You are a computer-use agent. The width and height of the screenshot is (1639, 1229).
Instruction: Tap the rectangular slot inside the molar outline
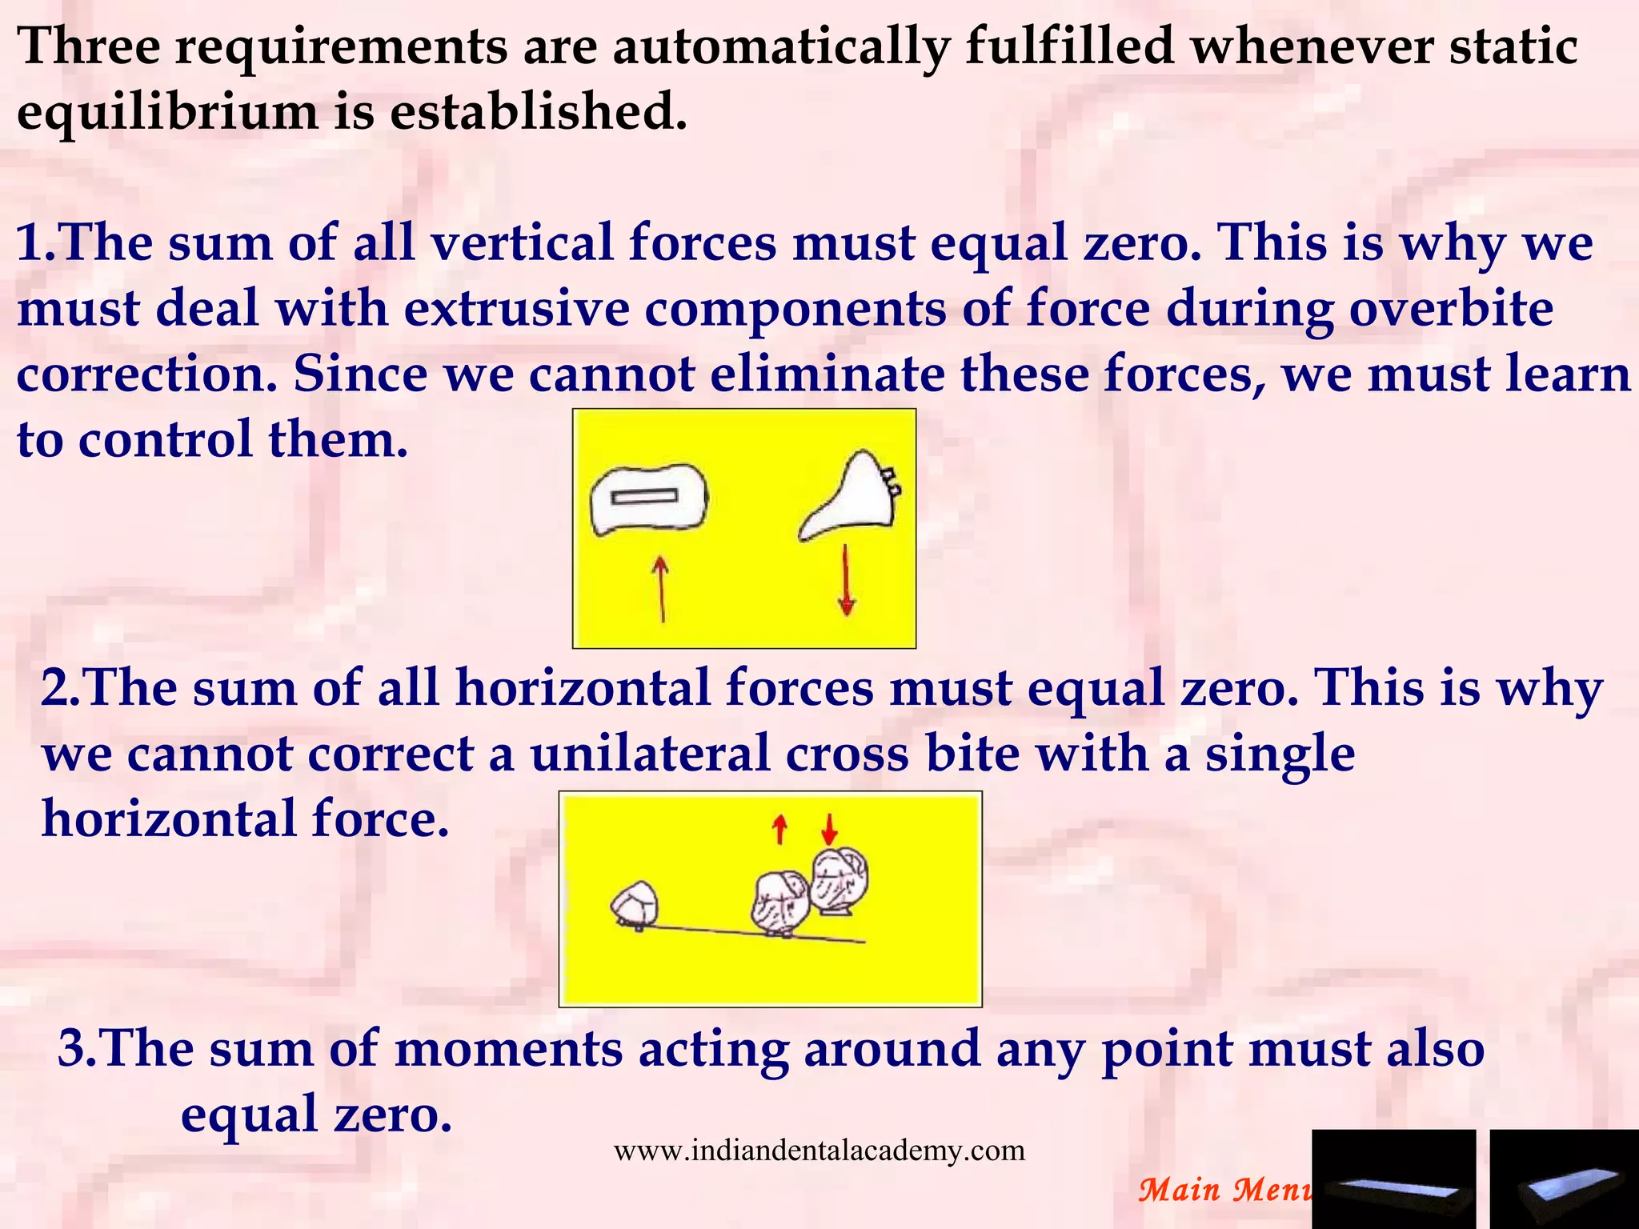pos(645,498)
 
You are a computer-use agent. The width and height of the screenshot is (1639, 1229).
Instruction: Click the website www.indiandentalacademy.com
pos(819,1151)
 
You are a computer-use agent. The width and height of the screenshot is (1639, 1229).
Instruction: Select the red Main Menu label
pos(1224,1190)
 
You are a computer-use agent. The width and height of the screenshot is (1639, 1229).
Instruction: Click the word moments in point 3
pos(508,1048)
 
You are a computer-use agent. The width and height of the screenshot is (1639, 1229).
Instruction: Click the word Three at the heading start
pos(88,46)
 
